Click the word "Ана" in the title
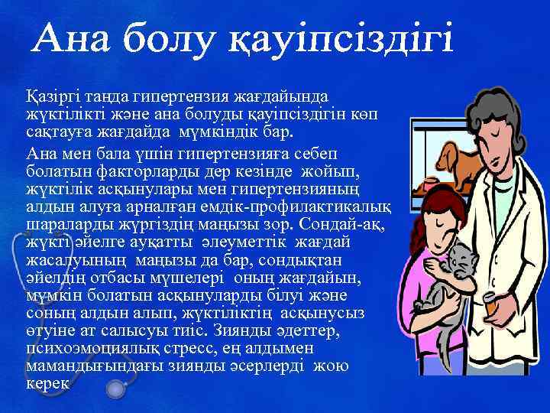tap(73, 38)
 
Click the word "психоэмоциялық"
tap(83, 349)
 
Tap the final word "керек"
tap(47, 382)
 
